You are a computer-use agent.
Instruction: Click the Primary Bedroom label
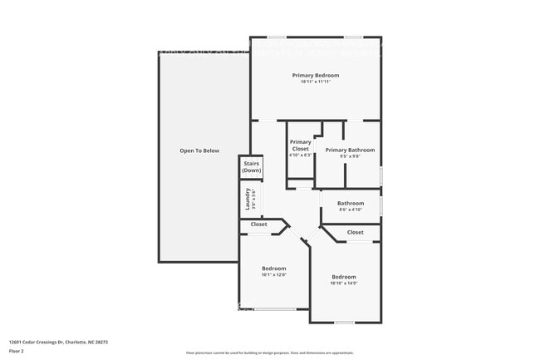click(316, 75)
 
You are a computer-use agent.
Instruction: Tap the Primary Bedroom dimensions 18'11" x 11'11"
click(316, 81)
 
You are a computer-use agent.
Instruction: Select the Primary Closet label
click(300, 145)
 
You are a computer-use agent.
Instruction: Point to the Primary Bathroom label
click(350, 150)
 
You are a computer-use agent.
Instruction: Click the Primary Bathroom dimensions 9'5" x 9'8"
click(350, 156)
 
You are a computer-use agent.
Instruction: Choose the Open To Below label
click(199, 150)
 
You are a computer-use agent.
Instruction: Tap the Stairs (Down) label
click(251, 167)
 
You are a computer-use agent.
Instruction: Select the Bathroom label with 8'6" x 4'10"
click(350, 203)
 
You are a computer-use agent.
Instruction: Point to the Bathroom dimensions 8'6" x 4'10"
click(350, 210)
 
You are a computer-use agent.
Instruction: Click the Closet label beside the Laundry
click(258, 224)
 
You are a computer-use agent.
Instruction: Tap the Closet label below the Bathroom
click(355, 233)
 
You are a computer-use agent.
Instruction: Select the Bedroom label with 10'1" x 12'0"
click(274, 268)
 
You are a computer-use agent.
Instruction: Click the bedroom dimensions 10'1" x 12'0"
click(274, 274)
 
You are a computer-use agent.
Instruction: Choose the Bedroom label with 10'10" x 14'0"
click(344, 277)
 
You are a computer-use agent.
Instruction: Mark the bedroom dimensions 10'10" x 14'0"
click(344, 284)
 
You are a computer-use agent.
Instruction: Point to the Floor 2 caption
click(17, 350)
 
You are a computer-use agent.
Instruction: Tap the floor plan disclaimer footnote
click(270, 353)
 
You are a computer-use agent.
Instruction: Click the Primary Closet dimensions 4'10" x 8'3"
click(300, 155)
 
